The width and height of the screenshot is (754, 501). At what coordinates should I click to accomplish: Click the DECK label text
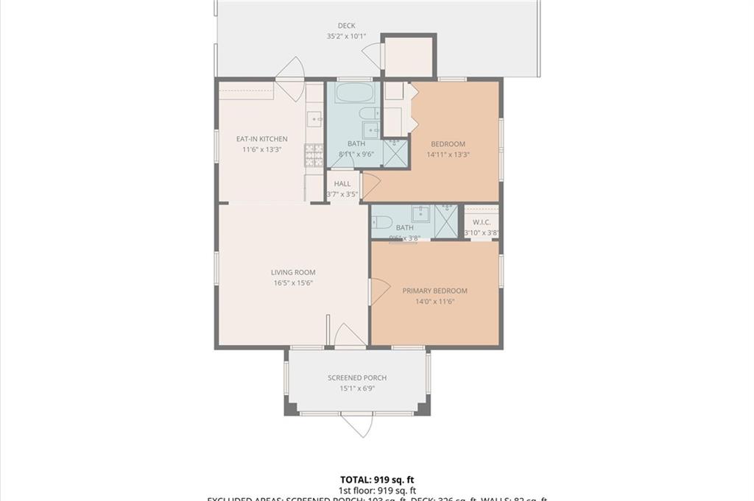346,26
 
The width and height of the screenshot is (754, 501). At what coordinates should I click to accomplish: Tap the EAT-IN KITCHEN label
261,139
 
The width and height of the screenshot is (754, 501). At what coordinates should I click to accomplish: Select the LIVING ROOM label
293,272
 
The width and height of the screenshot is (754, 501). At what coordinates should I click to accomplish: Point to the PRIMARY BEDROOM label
434,291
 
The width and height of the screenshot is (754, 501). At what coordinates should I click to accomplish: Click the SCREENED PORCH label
357,378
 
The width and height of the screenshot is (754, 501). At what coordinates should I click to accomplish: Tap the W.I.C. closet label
482,222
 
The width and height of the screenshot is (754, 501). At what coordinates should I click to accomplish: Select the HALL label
342,184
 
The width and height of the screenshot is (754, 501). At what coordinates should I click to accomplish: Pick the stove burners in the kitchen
314,154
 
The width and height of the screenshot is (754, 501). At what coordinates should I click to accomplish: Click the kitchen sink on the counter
314,118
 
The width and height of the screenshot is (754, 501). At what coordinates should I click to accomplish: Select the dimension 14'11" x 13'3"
448,155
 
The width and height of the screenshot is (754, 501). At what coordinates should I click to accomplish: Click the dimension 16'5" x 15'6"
293,283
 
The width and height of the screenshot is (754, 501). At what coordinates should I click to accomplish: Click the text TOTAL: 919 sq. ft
377,479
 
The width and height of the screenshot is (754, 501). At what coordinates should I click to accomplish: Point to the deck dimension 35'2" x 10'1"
346,36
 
